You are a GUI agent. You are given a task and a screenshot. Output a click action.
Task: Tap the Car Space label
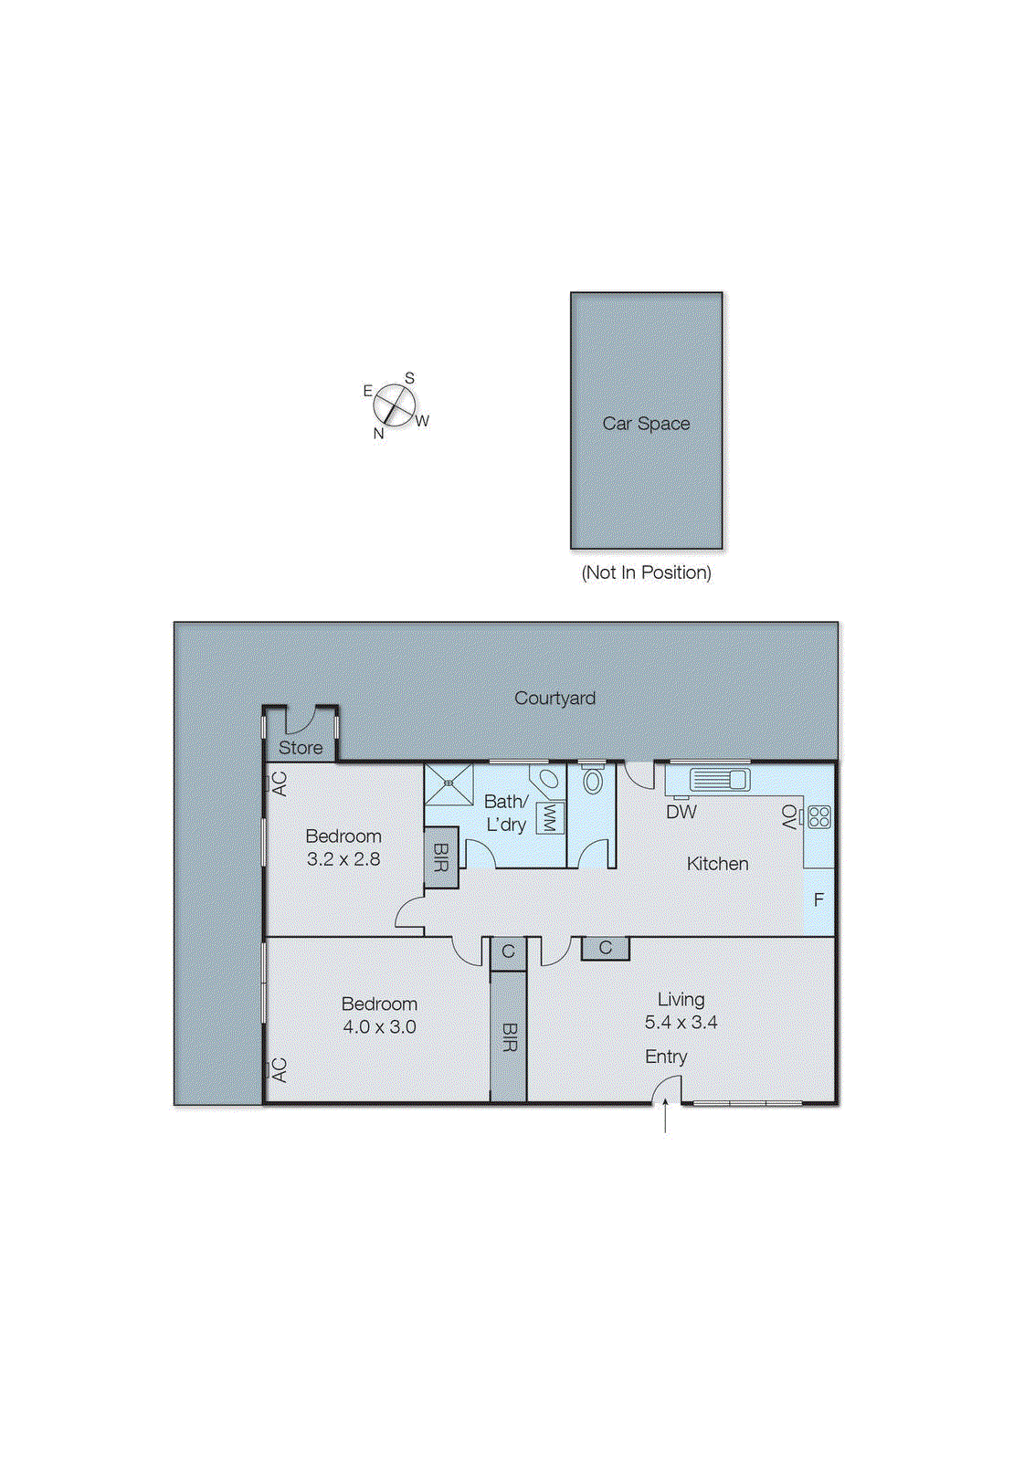coord(646,424)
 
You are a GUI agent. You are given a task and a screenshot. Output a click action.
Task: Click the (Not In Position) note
coord(646,573)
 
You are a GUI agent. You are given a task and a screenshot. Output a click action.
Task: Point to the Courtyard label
coord(554,699)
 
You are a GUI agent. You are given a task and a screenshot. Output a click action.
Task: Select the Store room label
coord(301,748)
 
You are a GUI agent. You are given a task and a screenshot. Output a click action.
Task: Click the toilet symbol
coord(593,781)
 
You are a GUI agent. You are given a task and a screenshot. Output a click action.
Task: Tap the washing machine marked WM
coord(549,817)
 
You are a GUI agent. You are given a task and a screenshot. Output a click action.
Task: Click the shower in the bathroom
coord(449,784)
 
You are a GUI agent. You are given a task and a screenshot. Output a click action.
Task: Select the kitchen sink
coord(720,779)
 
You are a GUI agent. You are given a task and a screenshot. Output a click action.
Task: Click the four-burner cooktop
coord(819,816)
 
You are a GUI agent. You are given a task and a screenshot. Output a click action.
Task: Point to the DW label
coord(681,812)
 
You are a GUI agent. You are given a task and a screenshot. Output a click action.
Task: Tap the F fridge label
coord(818,900)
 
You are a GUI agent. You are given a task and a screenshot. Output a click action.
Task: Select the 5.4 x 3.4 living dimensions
coord(681,1023)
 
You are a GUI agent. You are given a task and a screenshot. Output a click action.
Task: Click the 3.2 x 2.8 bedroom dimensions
coord(343,859)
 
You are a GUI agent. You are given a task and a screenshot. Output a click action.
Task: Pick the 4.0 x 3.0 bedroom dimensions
coord(379,1027)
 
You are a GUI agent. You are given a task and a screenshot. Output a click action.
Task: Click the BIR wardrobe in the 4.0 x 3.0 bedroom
coord(509,1037)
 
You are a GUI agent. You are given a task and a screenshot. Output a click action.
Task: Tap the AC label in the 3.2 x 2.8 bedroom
coord(280,783)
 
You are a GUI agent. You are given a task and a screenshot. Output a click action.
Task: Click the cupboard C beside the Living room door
coord(605,949)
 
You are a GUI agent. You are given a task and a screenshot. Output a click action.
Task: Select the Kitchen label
coord(717,864)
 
